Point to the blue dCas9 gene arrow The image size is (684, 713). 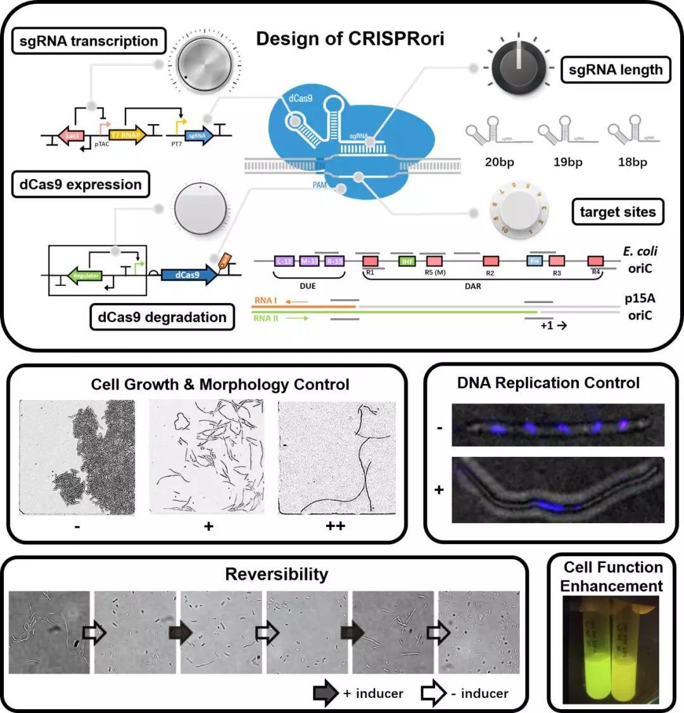click(x=187, y=275)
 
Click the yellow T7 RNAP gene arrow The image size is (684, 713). click(x=127, y=135)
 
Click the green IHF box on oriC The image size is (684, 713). click(x=407, y=261)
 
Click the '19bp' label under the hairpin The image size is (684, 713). click(x=567, y=162)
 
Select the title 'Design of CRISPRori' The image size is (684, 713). click(x=350, y=39)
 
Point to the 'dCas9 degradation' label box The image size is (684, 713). click(x=161, y=317)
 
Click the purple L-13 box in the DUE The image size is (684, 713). click(x=283, y=261)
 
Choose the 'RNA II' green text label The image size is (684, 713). click(x=266, y=318)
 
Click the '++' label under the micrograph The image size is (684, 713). click(x=336, y=526)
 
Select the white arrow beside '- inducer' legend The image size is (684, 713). click(x=434, y=693)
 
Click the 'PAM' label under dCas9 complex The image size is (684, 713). click(x=320, y=185)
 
